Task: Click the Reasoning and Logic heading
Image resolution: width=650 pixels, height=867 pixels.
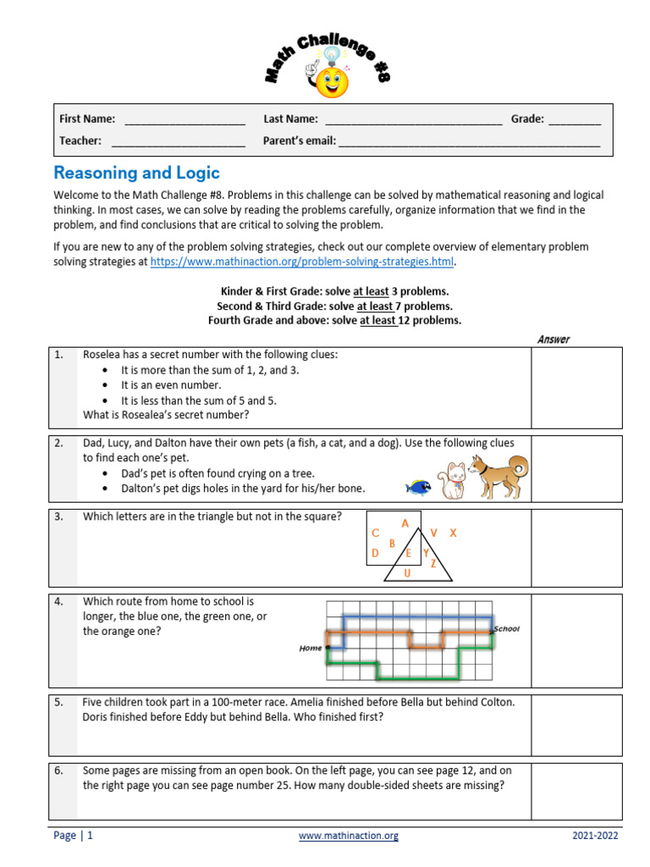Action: tap(136, 173)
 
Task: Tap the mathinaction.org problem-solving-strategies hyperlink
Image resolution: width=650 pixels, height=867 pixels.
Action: tap(302, 262)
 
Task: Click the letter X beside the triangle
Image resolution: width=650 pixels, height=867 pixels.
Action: tap(453, 533)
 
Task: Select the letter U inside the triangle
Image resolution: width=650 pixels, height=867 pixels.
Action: tap(407, 573)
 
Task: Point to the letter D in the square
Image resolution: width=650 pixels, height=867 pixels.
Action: tap(375, 554)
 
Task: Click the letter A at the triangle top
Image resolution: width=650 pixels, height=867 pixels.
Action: tap(405, 523)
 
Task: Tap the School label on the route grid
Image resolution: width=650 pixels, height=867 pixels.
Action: tap(506, 628)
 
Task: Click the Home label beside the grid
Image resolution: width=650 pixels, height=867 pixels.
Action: tap(311, 649)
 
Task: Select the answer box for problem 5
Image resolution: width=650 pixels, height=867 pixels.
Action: tap(576, 725)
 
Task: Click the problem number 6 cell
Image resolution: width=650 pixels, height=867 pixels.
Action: tap(62, 771)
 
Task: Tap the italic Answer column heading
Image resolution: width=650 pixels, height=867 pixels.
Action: tap(554, 340)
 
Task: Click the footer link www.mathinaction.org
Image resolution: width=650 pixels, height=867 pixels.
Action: tap(348, 836)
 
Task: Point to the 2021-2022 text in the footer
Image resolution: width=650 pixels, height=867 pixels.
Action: tap(594, 836)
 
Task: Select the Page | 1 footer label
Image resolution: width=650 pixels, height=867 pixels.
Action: tap(73, 836)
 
